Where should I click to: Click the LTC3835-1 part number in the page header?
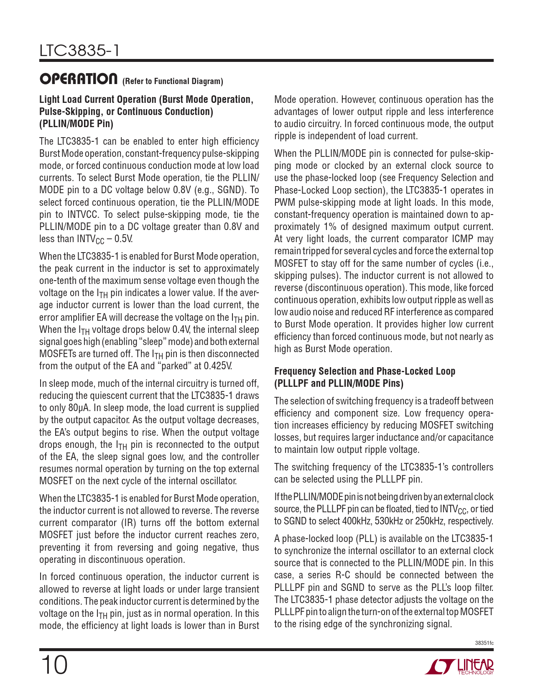(79, 51)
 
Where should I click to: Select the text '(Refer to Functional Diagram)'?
(172, 81)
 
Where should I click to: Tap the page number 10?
(54, 665)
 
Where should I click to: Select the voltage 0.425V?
(217, 366)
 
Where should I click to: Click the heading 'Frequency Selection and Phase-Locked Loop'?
(365, 371)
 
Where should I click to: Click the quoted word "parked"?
(174, 366)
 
